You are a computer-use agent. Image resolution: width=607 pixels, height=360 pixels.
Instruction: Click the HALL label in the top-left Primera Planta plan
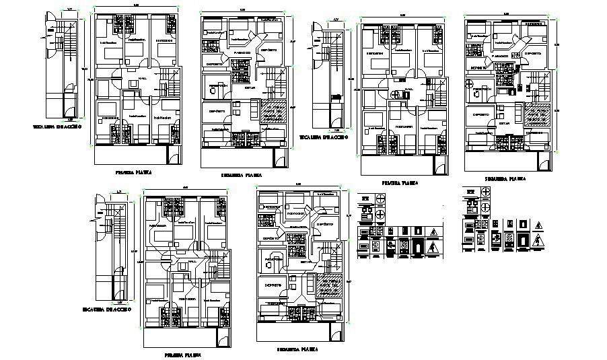143,78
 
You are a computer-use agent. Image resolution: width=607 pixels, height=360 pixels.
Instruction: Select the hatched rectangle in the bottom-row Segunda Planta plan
329,287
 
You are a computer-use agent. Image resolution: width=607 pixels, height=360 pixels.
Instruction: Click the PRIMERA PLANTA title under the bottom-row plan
182,354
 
